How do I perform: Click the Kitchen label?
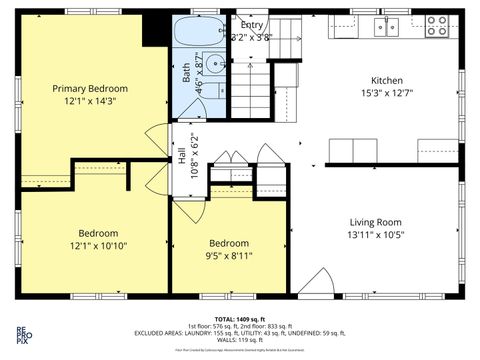click(x=387, y=80)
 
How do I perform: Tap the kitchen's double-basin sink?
click(x=388, y=27)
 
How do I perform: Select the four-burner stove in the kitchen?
click(x=437, y=25)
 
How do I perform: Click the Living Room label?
click(x=375, y=222)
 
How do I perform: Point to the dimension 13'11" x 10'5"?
click(x=375, y=235)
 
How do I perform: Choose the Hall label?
click(x=182, y=156)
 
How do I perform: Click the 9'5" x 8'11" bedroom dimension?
click(x=230, y=256)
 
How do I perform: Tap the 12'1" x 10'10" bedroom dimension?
click(x=98, y=246)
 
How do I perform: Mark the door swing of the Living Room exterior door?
click(x=313, y=284)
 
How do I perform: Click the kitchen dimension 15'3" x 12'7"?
click(x=387, y=93)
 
